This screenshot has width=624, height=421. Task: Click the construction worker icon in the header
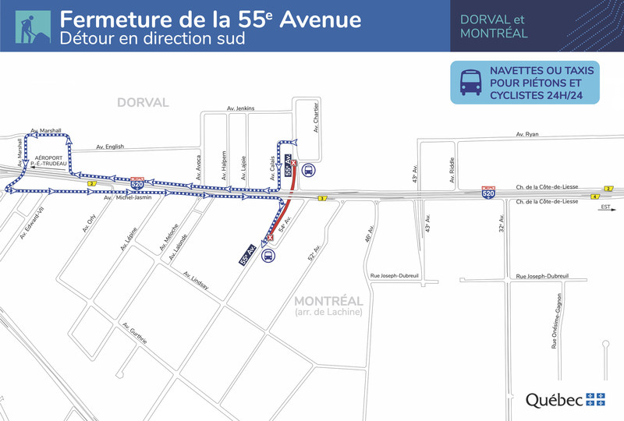point(32,26)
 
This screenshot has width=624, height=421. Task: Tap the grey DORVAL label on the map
point(143,102)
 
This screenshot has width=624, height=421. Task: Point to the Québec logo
point(565,400)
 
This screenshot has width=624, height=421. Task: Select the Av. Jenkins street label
point(242,108)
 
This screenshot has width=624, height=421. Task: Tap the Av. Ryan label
point(527,135)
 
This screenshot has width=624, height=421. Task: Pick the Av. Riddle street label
point(452,171)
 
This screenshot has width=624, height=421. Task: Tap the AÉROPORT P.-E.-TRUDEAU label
point(48,161)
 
